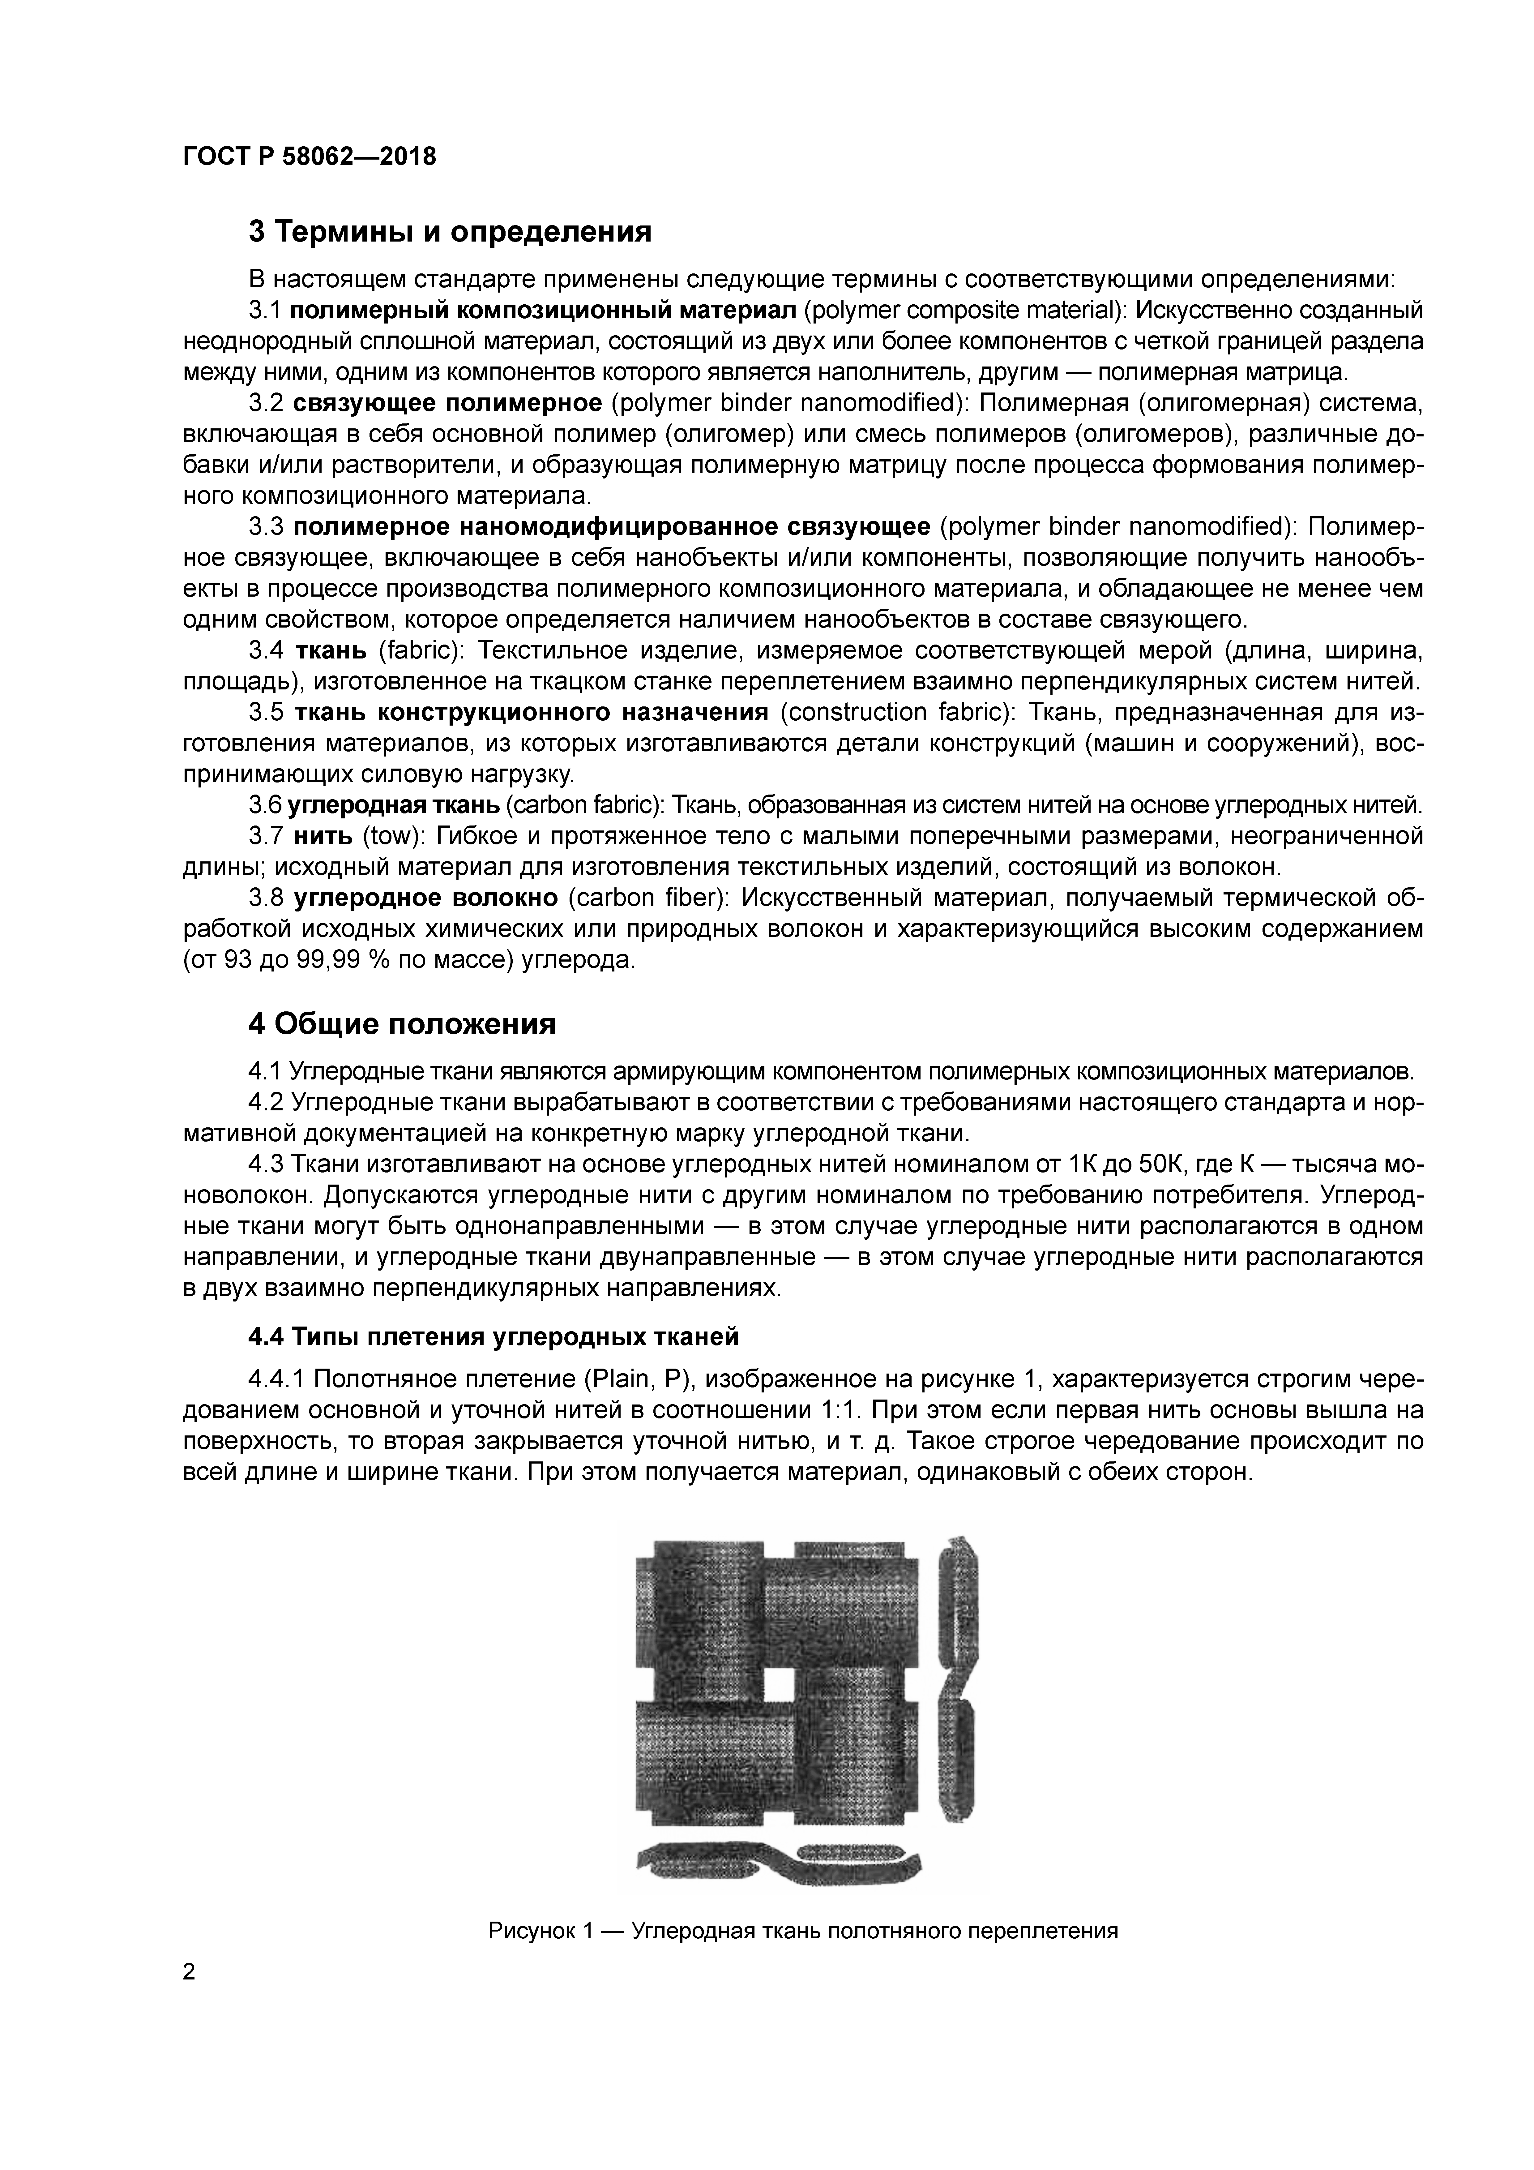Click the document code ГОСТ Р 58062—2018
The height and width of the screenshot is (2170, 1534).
coord(309,157)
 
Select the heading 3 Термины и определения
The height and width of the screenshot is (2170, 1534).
coord(450,232)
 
